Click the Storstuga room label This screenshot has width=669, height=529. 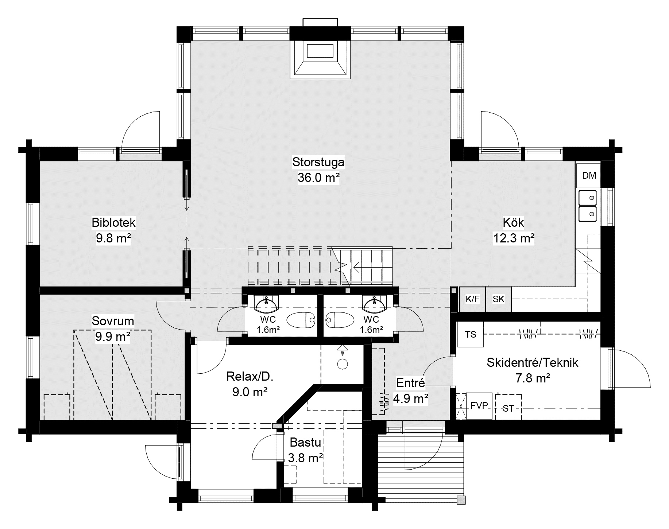[318, 162]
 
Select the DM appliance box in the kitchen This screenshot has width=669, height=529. [589, 176]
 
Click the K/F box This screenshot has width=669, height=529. [472, 299]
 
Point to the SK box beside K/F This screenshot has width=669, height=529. [498, 299]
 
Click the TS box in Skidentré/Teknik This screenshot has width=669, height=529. [471, 334]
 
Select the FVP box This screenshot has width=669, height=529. [479, 405]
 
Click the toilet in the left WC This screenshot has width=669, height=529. [301, 320]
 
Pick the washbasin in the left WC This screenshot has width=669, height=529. [266, 304]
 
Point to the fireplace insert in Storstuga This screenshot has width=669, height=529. [320, 51]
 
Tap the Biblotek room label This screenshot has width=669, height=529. [113, 222]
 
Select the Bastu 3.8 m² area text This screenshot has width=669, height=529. [305, 458]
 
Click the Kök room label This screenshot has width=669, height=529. [513, 222]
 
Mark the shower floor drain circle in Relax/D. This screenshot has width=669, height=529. [342, 363]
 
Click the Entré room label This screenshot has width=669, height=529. [410, 383]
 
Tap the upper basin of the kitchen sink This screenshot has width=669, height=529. [587, 198]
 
